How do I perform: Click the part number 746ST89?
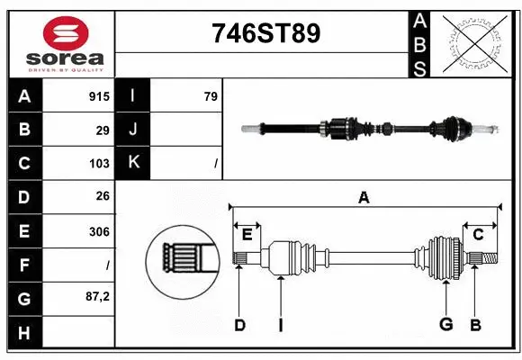click(265, 34)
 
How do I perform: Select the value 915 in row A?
click(99, 95)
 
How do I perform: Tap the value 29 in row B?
click(103, 130)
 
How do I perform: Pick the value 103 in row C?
click(99, 164)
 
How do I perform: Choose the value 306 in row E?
click(99, 231)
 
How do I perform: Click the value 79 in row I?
click(210, 95)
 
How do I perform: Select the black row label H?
click(24, 333)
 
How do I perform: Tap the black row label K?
click(133, 164)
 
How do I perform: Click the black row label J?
click(133, 130)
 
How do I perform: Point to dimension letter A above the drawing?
click(364, 197)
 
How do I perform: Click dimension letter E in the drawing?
click(247, 234)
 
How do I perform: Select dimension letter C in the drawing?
click(478, 234)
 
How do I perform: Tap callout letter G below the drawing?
click(445, 324)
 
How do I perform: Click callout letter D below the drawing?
click(239, 324)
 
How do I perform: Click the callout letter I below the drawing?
click(280, 324)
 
